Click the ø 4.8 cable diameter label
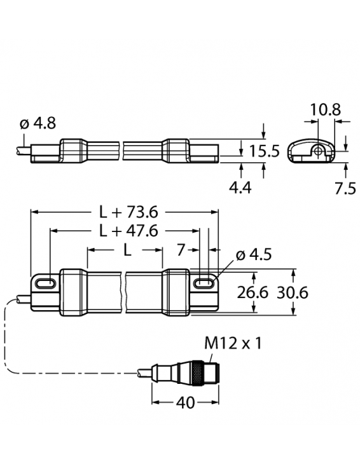coord(38,123)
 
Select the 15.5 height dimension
coord(265,151)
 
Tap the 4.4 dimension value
coord(240,188)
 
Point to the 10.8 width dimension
coord(326,110)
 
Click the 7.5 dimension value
coord(345,188)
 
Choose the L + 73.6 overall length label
coord(128,212)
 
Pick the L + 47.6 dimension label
coord(128,231)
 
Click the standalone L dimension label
coord(127,250)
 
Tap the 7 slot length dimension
coord(181,250)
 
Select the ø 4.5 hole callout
coord(254,254)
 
